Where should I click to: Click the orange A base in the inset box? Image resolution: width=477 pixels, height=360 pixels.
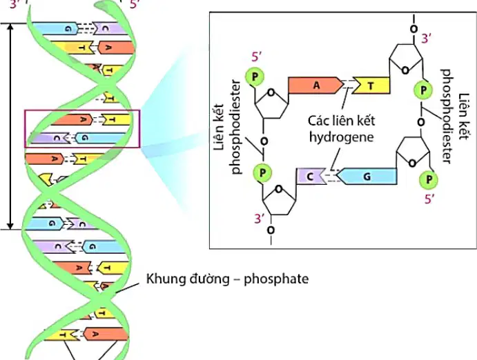315,86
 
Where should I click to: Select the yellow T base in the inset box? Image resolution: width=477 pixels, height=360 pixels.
371,86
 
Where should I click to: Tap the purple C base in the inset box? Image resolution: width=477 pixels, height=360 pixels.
311,177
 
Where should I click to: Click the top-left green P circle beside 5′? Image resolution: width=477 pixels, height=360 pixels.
255,77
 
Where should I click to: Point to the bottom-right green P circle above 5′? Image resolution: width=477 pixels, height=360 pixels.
428,179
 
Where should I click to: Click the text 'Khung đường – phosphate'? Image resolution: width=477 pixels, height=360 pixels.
227,279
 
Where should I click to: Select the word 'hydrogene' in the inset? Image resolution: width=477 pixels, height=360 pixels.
341,137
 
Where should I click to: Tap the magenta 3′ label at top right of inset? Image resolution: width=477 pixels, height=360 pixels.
427,39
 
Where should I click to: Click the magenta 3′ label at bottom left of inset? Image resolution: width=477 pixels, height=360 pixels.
259,219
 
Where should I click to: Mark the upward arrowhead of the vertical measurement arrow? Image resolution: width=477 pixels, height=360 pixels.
10,26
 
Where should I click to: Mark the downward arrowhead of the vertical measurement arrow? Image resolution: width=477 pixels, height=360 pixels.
10,226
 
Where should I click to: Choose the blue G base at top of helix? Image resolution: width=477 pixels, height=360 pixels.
56,28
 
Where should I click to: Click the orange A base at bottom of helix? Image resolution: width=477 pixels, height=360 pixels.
105,334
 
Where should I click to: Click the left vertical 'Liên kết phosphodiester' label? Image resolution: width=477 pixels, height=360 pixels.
228,127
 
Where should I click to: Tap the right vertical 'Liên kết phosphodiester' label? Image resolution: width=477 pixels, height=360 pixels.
455,117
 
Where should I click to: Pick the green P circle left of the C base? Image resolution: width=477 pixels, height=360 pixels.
262,173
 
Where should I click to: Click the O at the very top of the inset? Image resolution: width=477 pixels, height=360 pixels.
413,29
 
